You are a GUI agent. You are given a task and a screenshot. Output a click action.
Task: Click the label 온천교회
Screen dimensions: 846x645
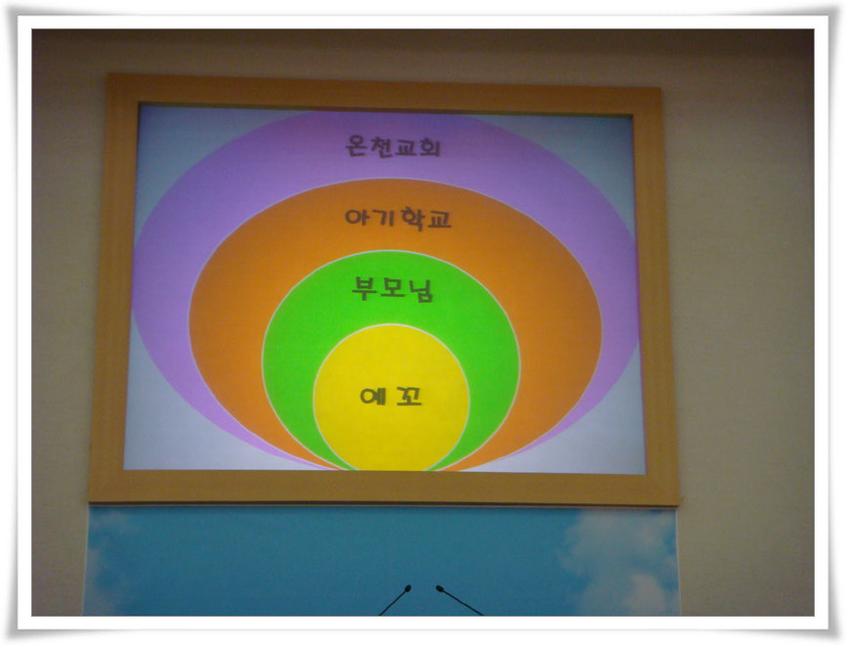(x=393, y=146)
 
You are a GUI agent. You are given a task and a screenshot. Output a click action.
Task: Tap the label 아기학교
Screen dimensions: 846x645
(x=398, y=219)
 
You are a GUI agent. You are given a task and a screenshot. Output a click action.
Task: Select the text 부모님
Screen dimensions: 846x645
(x=393, y=289)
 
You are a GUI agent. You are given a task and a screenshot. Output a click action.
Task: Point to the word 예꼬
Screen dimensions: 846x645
(x=391, y=397)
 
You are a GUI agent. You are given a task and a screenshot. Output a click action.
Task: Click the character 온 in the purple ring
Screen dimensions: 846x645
(x=357, y=146)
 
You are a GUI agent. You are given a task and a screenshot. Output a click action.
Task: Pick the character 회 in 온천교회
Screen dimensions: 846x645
(x=430, y=147)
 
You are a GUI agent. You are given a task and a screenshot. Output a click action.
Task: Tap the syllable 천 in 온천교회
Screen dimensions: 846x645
(x=381, y=146)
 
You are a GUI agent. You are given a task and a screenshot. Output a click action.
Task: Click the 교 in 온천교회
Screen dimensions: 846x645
(x=405, y=147)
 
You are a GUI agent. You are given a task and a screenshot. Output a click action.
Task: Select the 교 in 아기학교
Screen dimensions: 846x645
(x=438, y=219)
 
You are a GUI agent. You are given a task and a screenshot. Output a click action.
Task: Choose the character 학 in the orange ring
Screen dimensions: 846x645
(x=410, y=219)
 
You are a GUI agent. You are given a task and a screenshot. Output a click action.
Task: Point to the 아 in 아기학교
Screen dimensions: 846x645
(x=357, y=218)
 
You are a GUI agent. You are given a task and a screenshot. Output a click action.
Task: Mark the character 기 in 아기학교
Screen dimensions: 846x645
(x=383, y=218)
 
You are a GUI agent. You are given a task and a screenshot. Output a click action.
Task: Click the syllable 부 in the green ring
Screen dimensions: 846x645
(x=364, y=288)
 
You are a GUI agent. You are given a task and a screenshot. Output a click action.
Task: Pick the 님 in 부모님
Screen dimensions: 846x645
(x=421, y=290)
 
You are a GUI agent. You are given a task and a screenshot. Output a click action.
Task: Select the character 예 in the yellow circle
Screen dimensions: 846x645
(x=373, y=397)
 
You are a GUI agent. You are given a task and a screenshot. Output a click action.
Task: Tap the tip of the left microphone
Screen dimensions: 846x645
(x=408, y=587)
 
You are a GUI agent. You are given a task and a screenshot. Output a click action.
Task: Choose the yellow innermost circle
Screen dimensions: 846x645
(x=391, y=397)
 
